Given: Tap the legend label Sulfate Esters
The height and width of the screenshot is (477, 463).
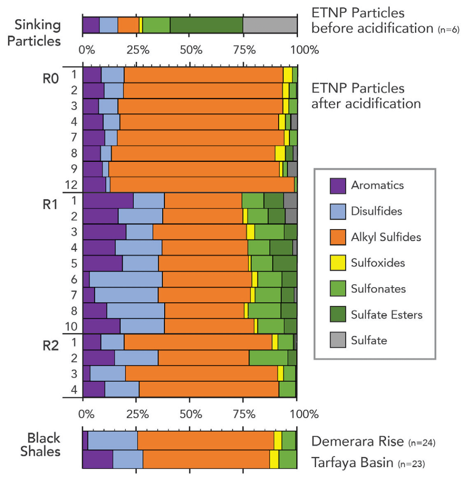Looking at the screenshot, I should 386,315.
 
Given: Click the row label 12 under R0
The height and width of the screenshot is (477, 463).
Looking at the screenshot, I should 72,185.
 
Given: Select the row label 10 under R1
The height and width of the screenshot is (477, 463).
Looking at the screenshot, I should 72,325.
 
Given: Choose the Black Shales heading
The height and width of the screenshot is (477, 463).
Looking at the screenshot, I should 44,445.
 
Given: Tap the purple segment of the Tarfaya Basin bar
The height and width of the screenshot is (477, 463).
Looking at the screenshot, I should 97,459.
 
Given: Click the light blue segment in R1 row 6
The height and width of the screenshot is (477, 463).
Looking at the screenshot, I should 126,279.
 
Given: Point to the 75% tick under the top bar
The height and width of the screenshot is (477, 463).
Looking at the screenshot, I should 243,48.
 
